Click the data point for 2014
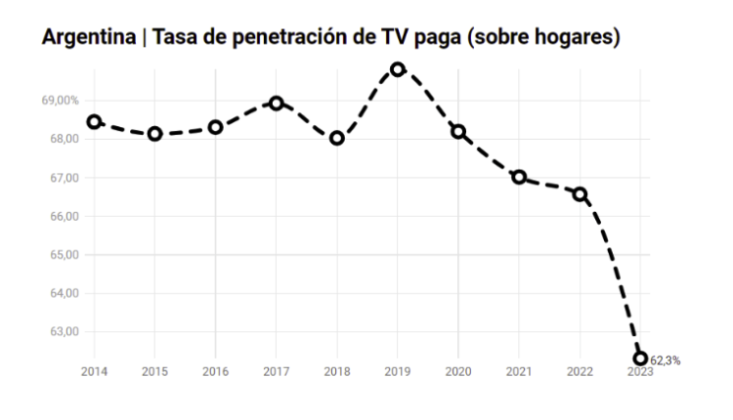click(x=94, y=122)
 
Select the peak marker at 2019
click(x=398, y=69)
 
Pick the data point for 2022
click(x=580, y=194)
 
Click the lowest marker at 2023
click(x=640, y=358)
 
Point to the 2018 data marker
click(x=337, y=138)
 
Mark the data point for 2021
click(x=519, y=177)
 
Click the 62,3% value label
click(x=665, y=360)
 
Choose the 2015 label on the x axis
click(x=154, y=371)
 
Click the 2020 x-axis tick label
click(x=458, y=371)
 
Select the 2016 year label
click(x=215, y=371)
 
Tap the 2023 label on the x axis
click(x=640, y=371)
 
